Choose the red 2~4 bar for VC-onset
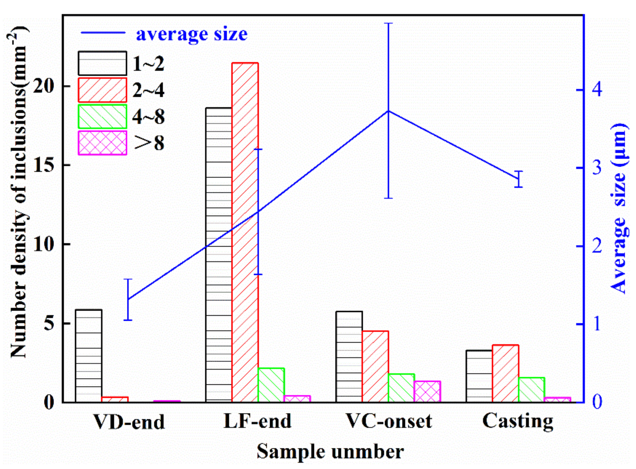(x=375, y=367)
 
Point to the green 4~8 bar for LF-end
(x=271, y=385)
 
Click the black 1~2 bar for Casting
(x=479, y=376)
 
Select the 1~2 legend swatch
(x=102, y=63)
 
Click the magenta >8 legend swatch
(x=102, y=143)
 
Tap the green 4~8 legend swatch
(x=102, y=116)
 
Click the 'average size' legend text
(x=192, y=34)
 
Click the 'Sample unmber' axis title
(x=330, y=452)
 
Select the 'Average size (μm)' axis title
(x=619, y=209)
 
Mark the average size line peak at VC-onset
(x=388, y=111)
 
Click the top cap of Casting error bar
(x=519, y=172)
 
